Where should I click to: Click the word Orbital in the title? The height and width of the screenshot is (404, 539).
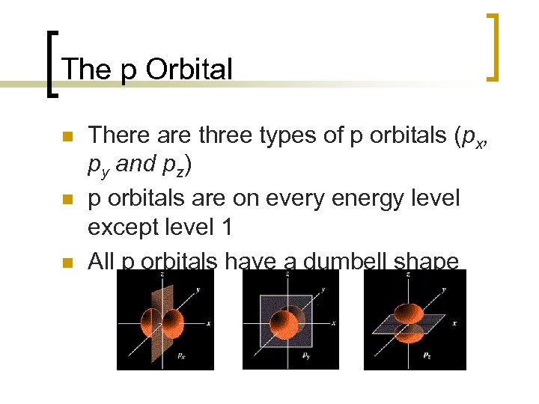coord(189,69)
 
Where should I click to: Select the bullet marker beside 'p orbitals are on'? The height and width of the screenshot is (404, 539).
coord(66,200)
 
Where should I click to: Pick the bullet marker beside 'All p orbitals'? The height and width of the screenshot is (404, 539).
coord(66,263)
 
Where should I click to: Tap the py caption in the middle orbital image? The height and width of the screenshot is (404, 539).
coord(306,357)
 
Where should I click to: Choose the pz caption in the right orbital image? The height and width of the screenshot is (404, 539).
coord(428,357)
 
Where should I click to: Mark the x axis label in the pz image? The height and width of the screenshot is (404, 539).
coord(454,323)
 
